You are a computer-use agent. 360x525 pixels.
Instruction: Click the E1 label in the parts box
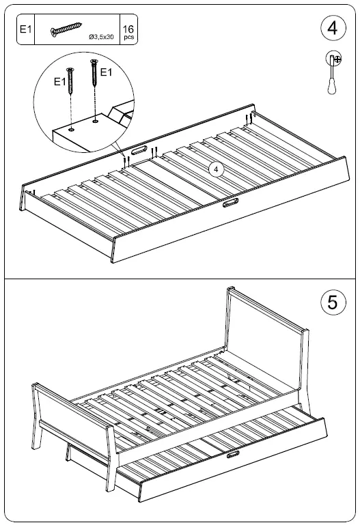tap(25, 30)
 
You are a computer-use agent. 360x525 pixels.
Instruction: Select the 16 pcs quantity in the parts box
tap(128, 30)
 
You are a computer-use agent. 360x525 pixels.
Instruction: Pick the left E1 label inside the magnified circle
tap(61, 81)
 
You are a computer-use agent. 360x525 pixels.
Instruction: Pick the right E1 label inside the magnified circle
tap(107, 72)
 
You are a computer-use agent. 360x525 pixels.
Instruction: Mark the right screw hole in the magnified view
tap(94, 122)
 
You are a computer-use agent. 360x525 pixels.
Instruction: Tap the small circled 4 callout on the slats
tap(214, 168)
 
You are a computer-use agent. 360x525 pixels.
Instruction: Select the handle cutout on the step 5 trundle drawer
tap(233, 454)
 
